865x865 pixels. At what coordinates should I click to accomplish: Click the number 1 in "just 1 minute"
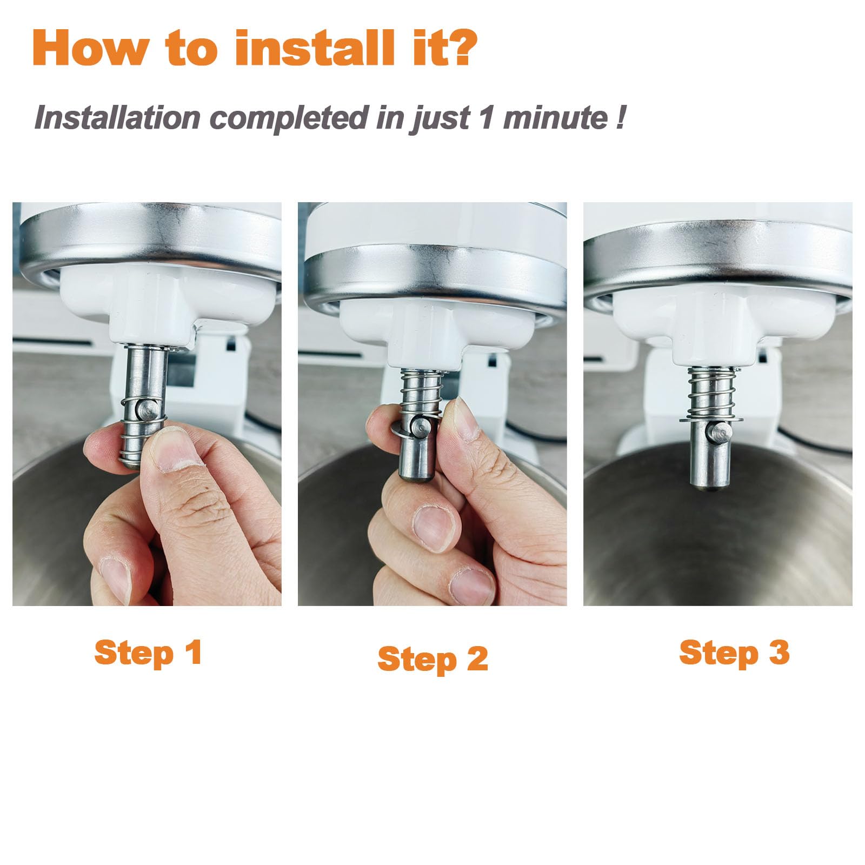pyautogui.click(x=487, y=117)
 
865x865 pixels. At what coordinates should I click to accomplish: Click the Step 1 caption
pyautogui.click(x=148, y=653)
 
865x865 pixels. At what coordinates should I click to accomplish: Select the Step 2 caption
pyautogui.click(x=432, y=659)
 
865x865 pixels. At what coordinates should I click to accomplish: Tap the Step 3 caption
pyautogui.click(x=734, y=653)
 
